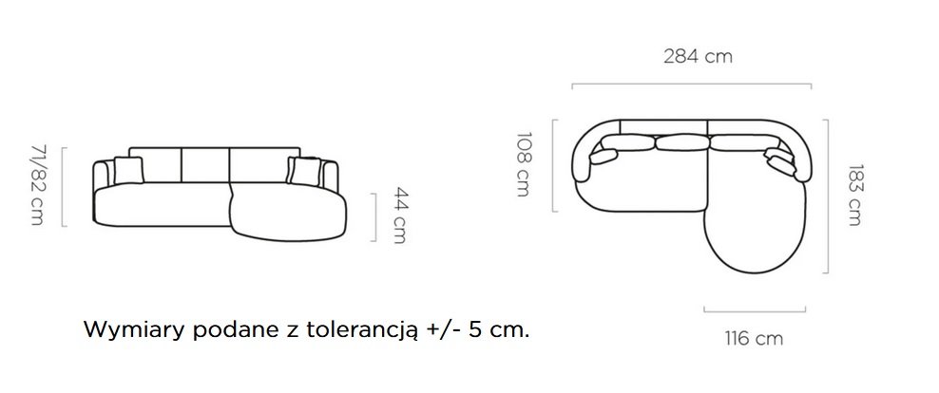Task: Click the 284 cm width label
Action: [x=698, y=57]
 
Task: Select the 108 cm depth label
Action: [x=523, y=164]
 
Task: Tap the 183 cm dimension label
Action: [x=854, y=195]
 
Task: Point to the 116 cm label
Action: [x=754, y=339]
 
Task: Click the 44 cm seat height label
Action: [x=399, y=215]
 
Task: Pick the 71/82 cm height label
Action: [x=37, y=185]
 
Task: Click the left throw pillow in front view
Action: [x=128, y=170]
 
